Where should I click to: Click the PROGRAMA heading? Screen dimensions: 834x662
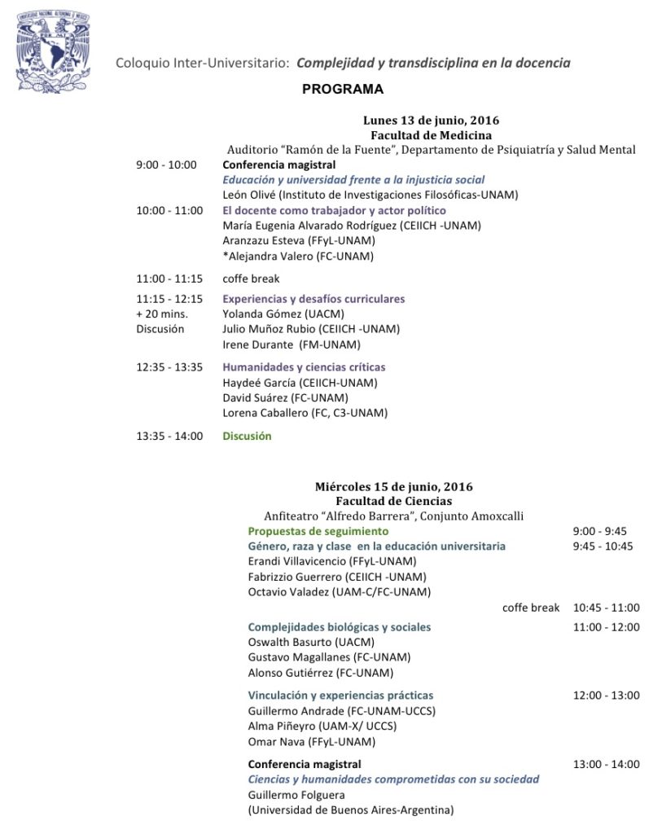342,90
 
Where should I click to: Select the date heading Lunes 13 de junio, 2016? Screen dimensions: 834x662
431,121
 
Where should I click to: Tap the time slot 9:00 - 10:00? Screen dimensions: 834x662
166,165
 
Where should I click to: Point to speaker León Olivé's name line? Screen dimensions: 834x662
370,195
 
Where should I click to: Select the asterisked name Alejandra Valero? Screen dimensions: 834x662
298,256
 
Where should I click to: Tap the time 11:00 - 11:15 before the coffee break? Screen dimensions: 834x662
169,279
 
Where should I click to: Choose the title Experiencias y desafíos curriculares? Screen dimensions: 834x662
313,299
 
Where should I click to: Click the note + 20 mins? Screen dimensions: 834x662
161,314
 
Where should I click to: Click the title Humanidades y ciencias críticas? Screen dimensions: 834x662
304,367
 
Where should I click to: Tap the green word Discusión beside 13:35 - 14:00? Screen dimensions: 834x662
247,436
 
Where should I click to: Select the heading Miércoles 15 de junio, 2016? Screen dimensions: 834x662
393,487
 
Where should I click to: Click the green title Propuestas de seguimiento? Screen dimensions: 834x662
318,531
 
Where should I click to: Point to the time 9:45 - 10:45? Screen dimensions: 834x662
603,546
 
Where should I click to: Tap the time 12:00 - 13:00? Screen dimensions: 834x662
606,696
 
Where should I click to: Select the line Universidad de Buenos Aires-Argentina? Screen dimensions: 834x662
350,810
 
